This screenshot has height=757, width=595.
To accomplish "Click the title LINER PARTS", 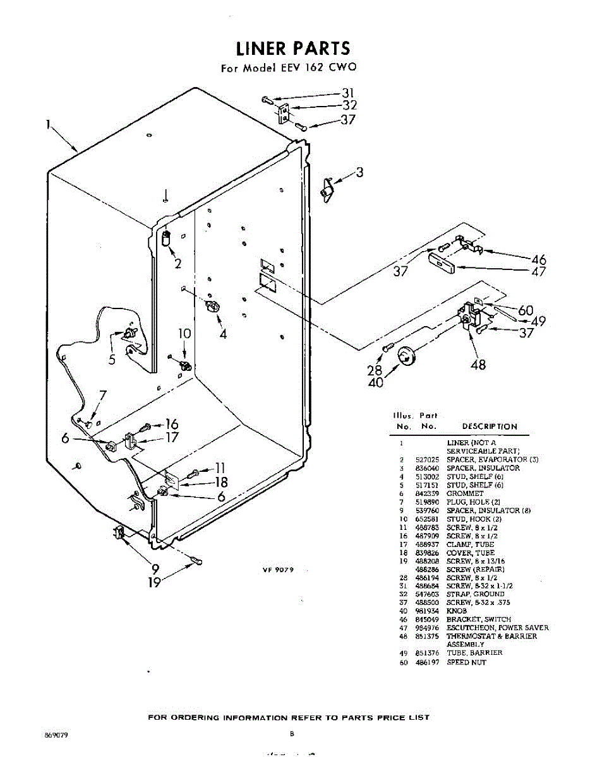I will [x=292, y=49].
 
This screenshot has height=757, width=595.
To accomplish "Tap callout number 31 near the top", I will [x=349, y=93].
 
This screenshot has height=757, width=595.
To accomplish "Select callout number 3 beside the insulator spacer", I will [x=359, y=172].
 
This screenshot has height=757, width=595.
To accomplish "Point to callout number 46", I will [x=538, y=259].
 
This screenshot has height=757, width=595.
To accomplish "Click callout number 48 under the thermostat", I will [x=478, y=364].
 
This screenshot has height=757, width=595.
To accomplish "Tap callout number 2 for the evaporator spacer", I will [x=178, y=264].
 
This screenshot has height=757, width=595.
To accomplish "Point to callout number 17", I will [x=172, y=437].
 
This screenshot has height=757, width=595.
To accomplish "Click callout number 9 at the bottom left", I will [x=155, y=568].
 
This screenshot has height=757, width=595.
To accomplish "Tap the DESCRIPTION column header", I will [x=490, y=426].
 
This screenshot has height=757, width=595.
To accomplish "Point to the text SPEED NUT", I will [x=466, y=662].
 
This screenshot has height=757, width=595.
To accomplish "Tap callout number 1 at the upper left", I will [x=48, y=124].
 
